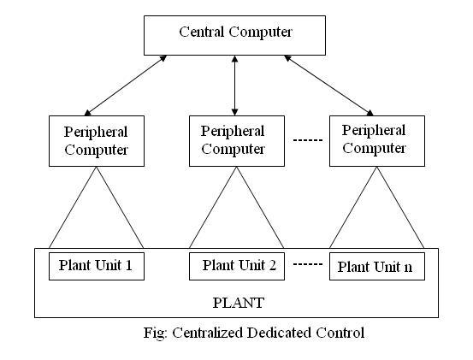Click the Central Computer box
point(234,36)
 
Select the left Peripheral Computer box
point(97,141)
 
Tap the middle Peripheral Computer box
point(237,141)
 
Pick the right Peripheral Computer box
point(377,141)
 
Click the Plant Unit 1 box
point(97,267)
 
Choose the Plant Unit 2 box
point(237,267)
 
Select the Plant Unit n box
point(377,267)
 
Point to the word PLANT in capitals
point(239,303)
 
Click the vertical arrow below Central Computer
point(234,86)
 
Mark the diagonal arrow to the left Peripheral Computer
point(126,86)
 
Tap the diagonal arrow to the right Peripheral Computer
point(328,86)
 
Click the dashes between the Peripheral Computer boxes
point(308,140)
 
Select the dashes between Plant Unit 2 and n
point(308,264)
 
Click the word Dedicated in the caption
point(280,333)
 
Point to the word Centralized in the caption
point(208,333)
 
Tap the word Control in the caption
point(340,333)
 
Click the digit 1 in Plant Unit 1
point(129,265)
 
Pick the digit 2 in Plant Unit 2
point(272,265)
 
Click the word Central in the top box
point(202,32)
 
